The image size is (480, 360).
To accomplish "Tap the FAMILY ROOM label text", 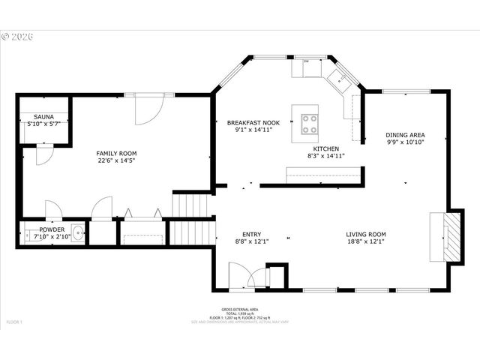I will point(116,153).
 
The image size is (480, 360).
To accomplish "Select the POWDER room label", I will point(52,229).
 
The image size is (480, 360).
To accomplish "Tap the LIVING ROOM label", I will point(365,234).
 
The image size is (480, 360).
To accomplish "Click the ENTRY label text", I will point(251,234).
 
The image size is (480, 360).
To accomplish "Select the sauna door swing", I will point(43,155).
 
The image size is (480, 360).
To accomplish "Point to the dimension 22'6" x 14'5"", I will point(116,160).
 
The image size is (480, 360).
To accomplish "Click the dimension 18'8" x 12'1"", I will point(365,241).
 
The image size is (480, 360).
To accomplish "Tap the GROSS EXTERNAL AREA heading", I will point(240,310).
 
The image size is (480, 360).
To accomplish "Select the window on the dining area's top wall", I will point(406,91).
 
